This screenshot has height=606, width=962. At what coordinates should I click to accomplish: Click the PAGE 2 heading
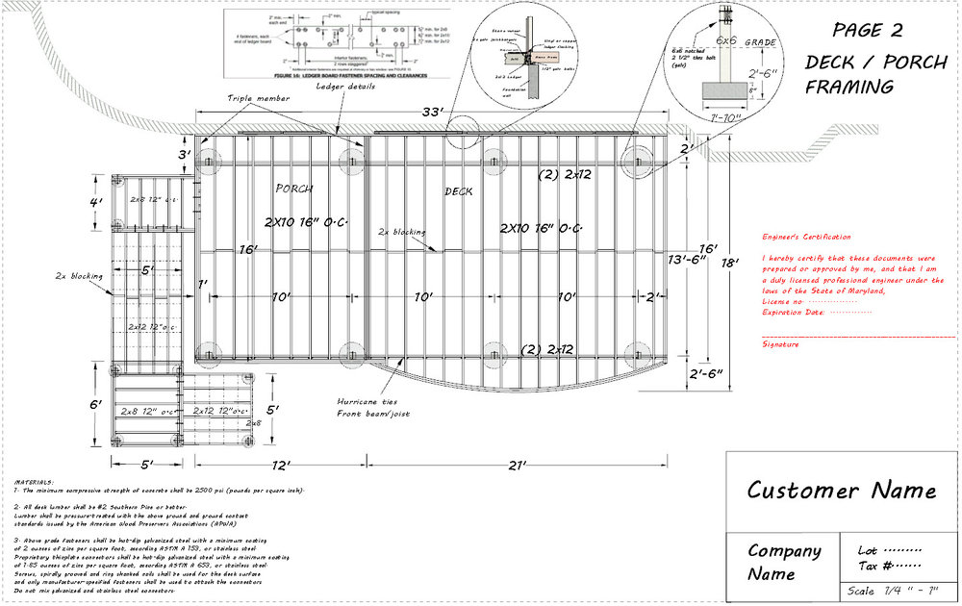pos(866,28)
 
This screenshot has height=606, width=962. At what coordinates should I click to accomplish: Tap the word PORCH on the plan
pos(294,188)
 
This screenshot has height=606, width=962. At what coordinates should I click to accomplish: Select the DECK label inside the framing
pos(459,191)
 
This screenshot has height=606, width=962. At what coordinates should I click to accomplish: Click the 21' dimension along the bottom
pos(517,466)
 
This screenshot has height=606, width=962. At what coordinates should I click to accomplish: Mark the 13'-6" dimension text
pos(690,259)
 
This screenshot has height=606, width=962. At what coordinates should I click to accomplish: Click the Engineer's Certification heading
pos(806,237)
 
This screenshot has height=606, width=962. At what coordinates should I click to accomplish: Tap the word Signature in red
pos(780,343)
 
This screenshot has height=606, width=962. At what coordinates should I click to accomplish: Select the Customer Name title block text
pos(841,490)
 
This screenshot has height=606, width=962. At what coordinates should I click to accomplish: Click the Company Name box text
pos(784,562)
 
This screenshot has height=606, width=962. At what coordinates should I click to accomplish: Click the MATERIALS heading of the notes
pos(35,481)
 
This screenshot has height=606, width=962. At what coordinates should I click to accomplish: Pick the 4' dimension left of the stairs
pos(95,203)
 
